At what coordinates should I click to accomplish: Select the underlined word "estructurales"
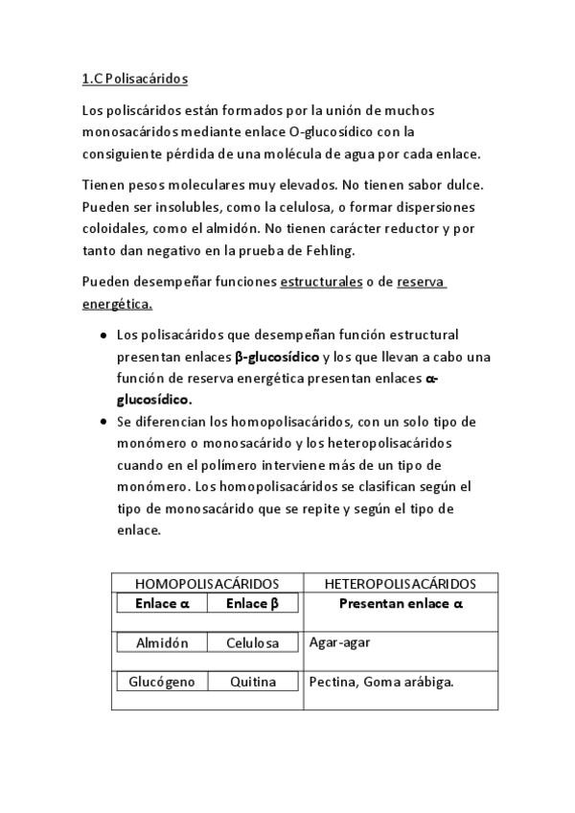click(321, 282)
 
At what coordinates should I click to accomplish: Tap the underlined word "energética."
click(118, 304)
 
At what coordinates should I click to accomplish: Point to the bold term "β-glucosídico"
click(278, 357)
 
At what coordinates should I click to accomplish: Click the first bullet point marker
click(103, 336)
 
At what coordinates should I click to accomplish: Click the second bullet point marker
click(103, 422)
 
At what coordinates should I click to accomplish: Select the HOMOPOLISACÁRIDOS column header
click(206, 583)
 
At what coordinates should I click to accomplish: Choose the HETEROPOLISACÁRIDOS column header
click(401, 583)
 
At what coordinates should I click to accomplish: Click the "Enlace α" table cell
click(162, 604)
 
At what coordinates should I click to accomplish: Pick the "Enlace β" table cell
click(252, 604)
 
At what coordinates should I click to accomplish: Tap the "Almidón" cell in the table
click(162, 642)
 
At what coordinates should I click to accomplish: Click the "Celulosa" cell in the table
click(252, 642)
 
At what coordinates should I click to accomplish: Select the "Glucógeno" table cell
click(162, 682)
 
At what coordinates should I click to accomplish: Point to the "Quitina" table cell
click(252, 682)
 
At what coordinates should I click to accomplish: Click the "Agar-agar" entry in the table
click(339, 642)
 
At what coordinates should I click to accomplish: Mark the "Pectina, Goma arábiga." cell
click(380, 682)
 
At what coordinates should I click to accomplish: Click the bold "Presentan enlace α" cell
click(401, 604)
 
